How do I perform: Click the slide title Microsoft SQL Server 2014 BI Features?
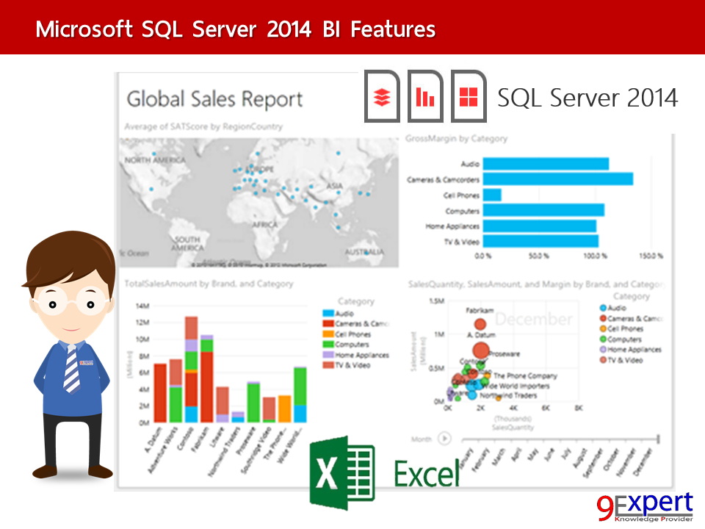click(235, 29)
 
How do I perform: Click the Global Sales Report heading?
click(214, 99)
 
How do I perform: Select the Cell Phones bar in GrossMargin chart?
click(493, 195)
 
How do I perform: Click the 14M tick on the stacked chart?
click(143, 306)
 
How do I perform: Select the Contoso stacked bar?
click(191, 370)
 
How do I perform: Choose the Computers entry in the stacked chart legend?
click(352, 344)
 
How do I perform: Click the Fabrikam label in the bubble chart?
click(481, 310)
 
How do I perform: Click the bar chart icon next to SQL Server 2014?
click(425, 96)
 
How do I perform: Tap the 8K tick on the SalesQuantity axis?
click(578, 407)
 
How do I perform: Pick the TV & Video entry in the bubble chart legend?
click(629, 360)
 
